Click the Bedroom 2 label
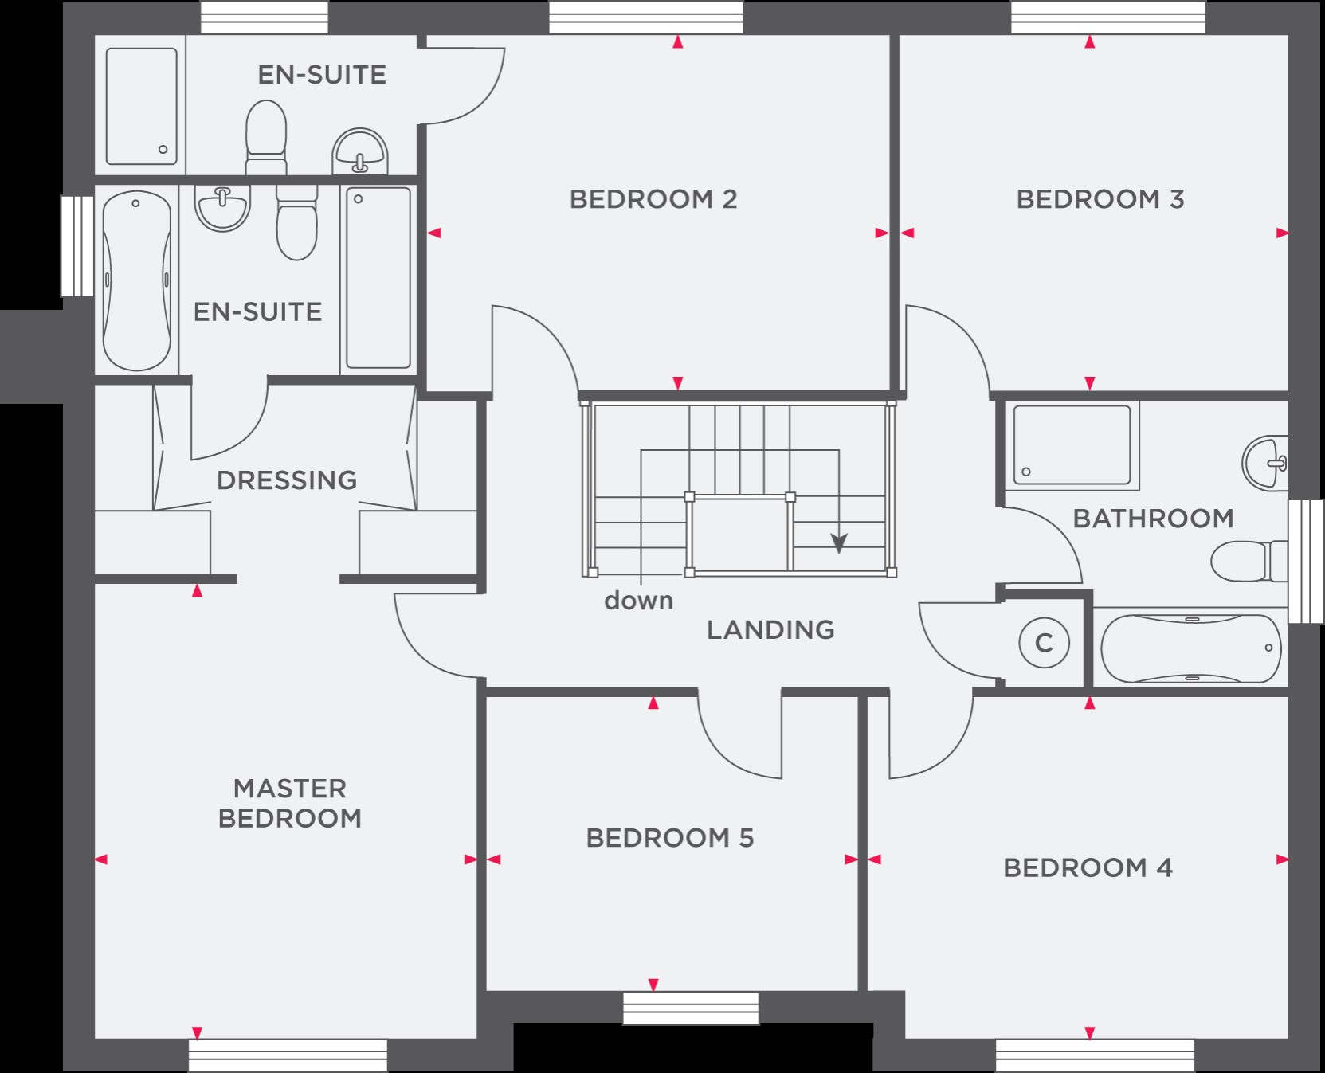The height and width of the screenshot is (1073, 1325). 653,199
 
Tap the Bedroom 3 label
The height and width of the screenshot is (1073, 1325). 1100,199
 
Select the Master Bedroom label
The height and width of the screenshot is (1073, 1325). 290,804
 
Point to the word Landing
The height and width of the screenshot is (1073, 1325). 770,630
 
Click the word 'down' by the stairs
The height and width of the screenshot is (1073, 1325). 638,601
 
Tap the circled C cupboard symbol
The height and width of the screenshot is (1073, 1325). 1044,642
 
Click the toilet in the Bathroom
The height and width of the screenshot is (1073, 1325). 1249,561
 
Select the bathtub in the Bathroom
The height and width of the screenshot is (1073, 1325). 1191,649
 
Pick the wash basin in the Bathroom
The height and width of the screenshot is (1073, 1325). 1265,463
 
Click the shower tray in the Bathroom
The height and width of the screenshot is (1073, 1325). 1072,444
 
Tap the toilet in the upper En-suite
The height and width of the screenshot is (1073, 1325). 266,137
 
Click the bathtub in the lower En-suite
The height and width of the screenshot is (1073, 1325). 136,280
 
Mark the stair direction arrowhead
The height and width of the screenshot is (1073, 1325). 838,544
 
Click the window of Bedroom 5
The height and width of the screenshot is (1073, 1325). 691,1008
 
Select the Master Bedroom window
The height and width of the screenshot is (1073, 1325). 288,1055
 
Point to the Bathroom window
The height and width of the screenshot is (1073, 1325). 1306,561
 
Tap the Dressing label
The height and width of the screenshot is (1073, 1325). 287,480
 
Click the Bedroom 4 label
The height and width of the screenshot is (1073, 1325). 1088,867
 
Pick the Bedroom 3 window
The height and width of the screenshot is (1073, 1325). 1108,18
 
